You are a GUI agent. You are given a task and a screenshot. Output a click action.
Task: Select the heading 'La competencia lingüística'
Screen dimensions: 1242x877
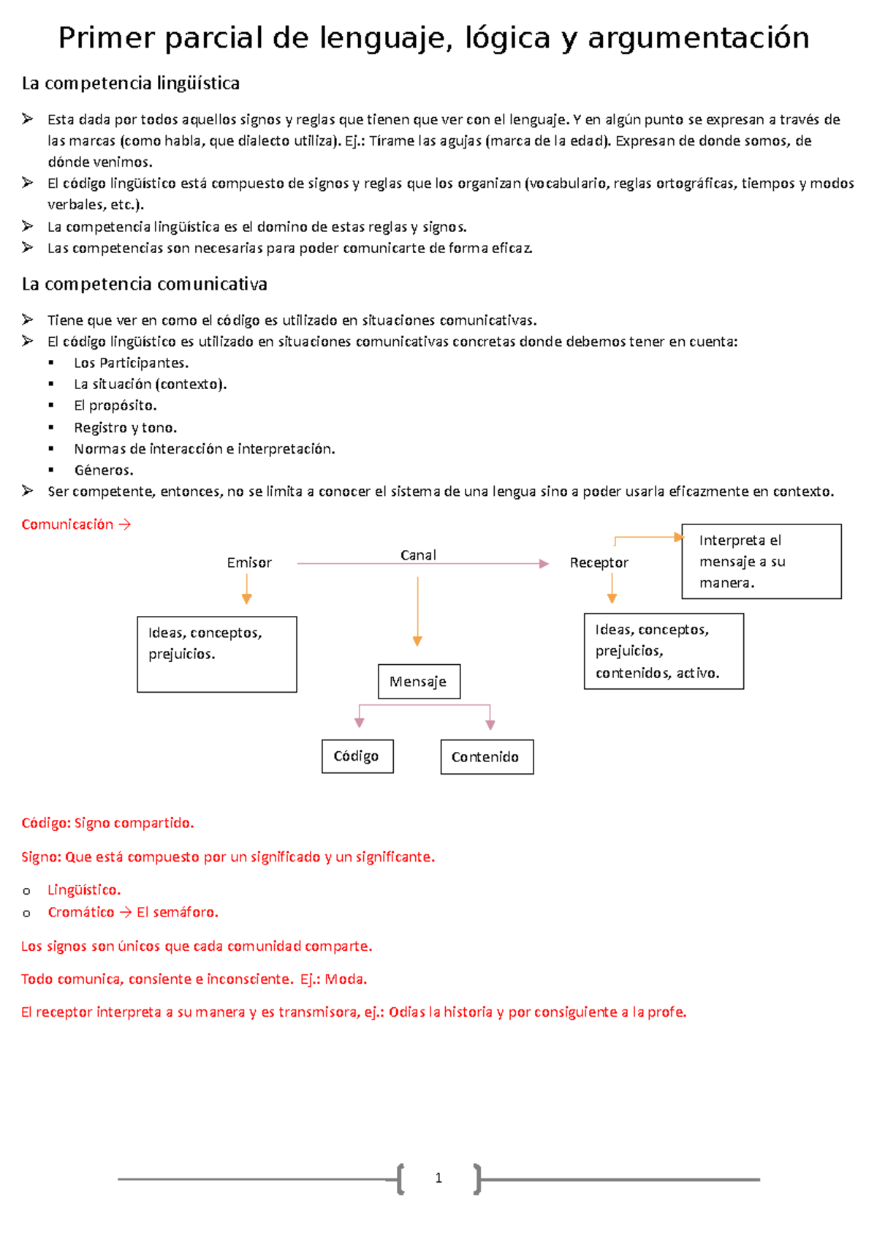tap(131, 83)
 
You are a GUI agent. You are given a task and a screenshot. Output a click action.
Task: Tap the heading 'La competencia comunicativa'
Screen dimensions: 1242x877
tap(145, 284)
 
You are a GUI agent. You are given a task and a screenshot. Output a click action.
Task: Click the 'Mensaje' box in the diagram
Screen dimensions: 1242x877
tap(419, 682)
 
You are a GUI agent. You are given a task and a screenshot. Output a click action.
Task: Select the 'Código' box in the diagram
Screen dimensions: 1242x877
tap(357, 756)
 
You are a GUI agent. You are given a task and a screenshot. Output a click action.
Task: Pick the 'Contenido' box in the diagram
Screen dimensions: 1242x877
tap(487, 757)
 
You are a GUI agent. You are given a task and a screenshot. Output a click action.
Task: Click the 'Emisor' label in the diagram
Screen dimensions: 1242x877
tap(249, 562)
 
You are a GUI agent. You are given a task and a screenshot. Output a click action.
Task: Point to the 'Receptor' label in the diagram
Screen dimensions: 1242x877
tap(599, 562)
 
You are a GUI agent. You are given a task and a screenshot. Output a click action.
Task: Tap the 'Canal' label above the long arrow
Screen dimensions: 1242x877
tap(418, 555)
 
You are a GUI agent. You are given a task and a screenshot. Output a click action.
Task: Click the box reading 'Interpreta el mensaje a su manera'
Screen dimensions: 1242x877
tap(761, 562)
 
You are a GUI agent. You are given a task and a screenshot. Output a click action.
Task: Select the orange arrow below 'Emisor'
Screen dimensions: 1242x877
tap(247, 589)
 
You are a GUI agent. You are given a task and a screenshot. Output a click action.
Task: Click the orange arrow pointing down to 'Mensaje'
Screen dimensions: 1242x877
tap(417, 611)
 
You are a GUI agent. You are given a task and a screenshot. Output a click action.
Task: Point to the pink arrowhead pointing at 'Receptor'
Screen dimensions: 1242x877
tap(544, 564)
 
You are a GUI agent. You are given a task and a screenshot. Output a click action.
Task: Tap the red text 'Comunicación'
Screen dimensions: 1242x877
tap(67, 524)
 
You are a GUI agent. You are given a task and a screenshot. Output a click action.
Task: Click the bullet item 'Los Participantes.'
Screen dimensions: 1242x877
tap(131, 363)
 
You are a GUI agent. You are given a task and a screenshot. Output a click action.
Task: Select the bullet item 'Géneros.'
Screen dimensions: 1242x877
tap(104, 470)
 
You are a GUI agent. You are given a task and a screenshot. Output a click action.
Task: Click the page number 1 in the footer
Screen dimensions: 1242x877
tap(438, 1178)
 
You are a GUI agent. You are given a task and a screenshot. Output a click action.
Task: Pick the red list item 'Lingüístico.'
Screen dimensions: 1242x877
tap(84, 890)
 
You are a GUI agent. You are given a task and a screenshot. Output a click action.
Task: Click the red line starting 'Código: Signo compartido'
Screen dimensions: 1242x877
tap(107, 823)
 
